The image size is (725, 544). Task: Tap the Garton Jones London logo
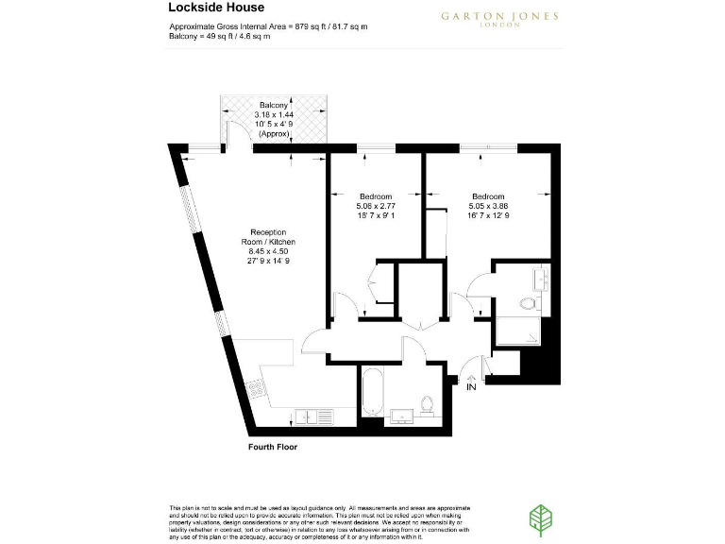[499, 19]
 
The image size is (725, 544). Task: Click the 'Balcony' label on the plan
[274, 105]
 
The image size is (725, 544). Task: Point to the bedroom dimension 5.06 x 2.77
[376, 206]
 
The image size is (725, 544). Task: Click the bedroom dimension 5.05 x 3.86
[488, 206]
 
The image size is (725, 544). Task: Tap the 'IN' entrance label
[471, 385]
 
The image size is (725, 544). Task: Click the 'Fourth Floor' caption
[272, 447]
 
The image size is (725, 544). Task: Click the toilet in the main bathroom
[427, 404]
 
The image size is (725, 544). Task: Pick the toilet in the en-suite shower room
[527, 303]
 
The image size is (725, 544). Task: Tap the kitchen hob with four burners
[256, 388]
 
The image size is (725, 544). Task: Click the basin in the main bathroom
[397, 415]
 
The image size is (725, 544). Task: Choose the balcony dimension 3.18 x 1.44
[274, 114]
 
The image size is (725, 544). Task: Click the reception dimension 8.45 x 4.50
[268, 251]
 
